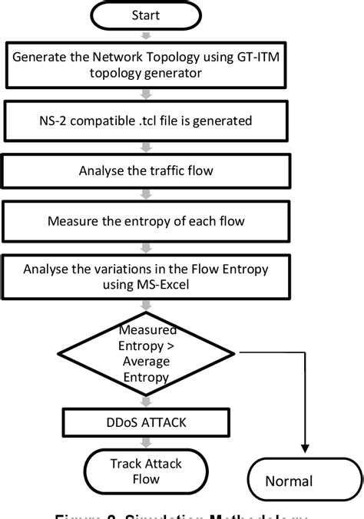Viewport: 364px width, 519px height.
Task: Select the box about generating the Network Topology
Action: (x=147, y=63)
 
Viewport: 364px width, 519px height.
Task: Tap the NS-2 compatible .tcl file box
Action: (x=147, y=121)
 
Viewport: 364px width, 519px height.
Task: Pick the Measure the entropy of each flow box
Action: (x=145, y=221)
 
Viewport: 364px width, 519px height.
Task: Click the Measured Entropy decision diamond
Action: (x=145, y=353)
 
